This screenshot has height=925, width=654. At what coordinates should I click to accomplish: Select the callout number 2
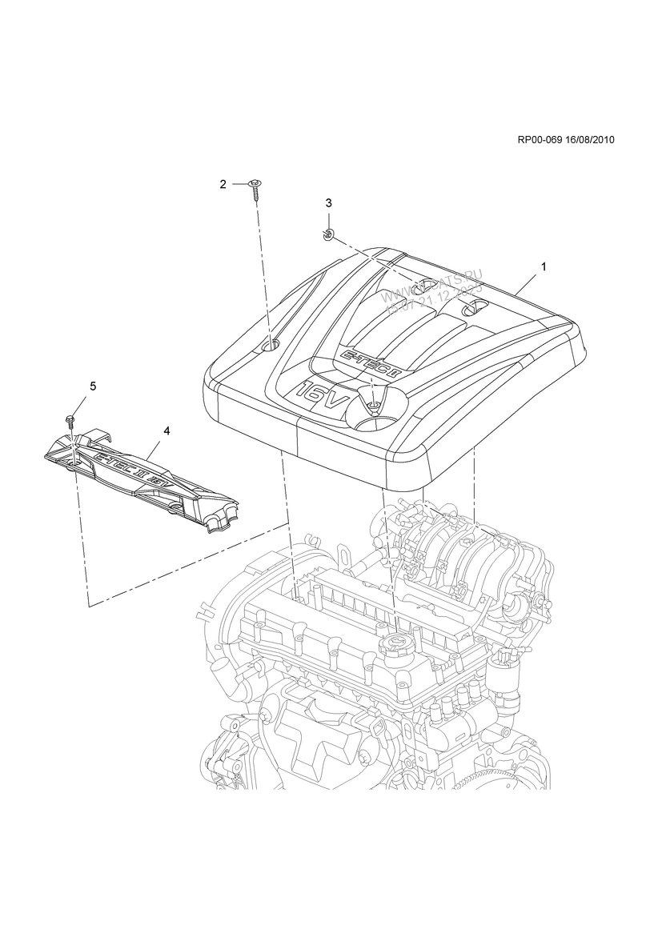pos(223,185)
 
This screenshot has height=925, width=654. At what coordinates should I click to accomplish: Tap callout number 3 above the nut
pos(328,203)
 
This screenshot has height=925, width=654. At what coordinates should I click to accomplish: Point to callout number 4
pos(167,430)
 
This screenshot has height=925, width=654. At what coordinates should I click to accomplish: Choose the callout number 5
pos(93,386)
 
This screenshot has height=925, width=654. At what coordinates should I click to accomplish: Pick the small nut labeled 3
pos(328,233)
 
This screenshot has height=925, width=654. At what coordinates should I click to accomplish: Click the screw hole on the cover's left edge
pos(271,345)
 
